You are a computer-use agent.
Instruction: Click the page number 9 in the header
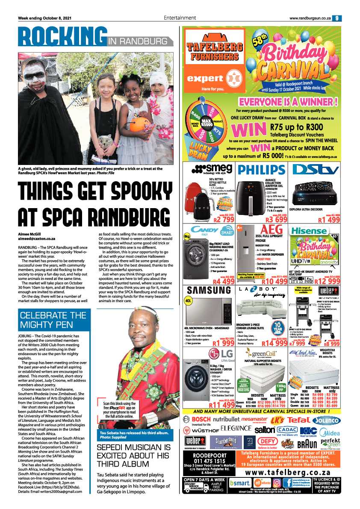point(337,18)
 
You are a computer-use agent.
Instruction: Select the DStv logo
point(313,171)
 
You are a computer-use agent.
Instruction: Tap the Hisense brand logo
point(310,231)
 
